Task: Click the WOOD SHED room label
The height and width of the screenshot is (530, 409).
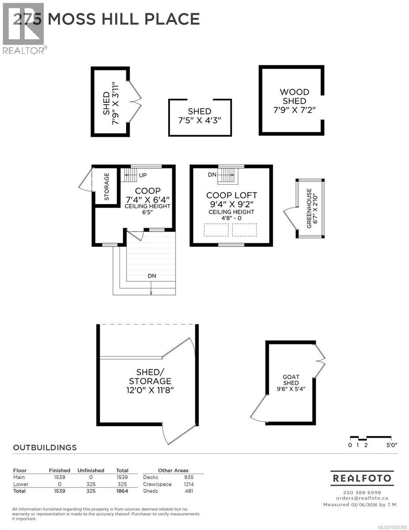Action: point(294,97)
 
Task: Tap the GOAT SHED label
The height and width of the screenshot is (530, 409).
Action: point(291,380)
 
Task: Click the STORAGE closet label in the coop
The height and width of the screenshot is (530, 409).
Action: point(107,186)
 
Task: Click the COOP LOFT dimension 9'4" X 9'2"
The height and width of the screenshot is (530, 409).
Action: point(231,204)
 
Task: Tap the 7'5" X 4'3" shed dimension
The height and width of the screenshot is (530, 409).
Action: point(199,120)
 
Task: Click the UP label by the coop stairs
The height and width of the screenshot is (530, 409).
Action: point(143,175)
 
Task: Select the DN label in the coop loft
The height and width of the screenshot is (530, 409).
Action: point(212,175)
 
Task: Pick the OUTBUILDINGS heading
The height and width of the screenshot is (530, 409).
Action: point(45,447)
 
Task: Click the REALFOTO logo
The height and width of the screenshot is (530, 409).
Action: point(362,478)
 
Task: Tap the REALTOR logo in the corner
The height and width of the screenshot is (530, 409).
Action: point(23,29)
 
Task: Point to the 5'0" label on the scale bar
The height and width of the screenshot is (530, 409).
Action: point(391,445)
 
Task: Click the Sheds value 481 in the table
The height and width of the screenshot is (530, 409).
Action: point(188,491)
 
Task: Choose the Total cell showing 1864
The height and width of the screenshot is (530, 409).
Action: point(121,491)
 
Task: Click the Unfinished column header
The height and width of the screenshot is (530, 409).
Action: point(90,470)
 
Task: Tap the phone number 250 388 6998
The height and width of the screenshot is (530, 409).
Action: point(362,492)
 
